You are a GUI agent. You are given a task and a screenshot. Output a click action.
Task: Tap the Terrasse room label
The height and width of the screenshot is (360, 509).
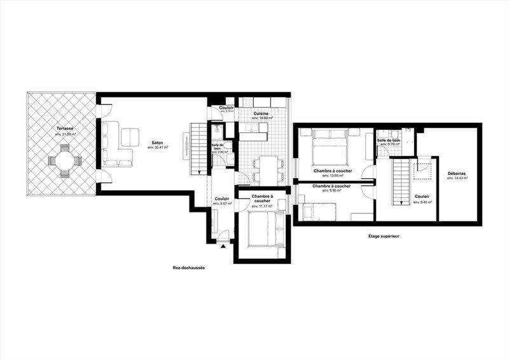64,128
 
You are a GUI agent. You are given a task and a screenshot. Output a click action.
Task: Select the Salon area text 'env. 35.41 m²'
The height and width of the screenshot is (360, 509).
156,148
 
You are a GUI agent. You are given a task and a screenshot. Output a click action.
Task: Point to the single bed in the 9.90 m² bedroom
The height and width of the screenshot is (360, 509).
318,210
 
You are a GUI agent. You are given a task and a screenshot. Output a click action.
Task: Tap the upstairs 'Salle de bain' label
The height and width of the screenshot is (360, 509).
388,140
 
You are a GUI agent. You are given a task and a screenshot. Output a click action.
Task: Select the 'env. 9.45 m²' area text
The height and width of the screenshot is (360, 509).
422,202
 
